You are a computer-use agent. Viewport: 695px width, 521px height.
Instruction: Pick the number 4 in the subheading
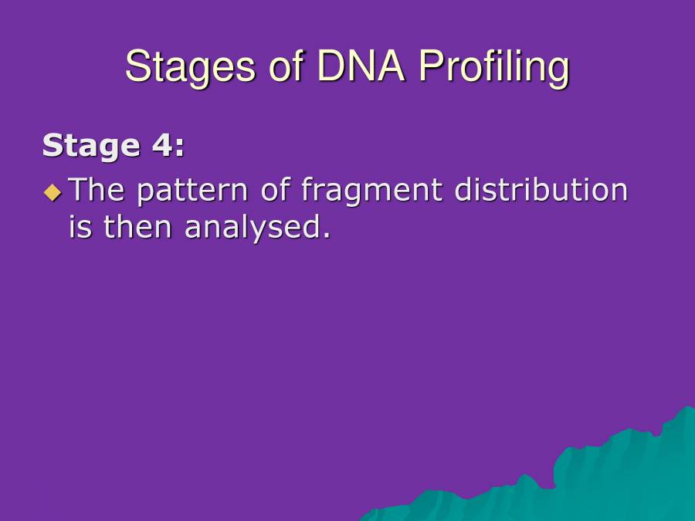tap(157, 145)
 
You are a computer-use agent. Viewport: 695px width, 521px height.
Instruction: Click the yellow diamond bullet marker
tap(52, 191)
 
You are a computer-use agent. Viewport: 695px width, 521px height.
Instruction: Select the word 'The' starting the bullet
tap(97, 190)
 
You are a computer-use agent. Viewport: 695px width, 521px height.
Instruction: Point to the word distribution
tap(541, 190)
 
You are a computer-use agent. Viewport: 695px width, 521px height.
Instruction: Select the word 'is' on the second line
tap(80, 227)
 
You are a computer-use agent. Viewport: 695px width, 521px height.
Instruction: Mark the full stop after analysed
tap(325, 235)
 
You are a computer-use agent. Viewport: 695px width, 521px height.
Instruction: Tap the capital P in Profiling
tap(429, 66)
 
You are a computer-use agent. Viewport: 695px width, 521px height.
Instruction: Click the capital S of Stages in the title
tap(137, 66)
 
